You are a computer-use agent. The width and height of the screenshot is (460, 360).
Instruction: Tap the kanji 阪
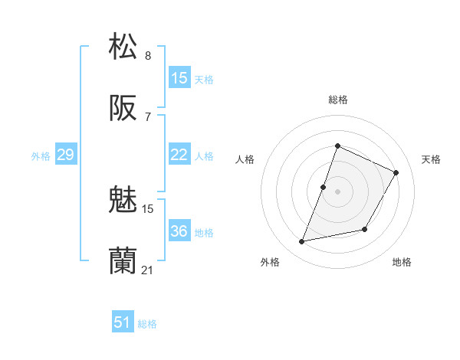(123, 108)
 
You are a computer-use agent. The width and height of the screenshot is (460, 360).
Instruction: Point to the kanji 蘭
(123, 261)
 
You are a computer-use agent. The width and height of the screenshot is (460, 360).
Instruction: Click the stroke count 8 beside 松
(148, 55)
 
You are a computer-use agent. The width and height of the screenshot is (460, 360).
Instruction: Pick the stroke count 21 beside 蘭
(148, 270)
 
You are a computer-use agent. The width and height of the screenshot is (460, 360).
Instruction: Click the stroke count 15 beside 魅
(148, 208)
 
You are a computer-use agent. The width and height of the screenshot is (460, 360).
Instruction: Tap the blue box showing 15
(179, 78)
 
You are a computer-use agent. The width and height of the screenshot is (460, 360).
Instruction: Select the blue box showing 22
(179, 155)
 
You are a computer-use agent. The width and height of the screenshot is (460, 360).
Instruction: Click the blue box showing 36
(179, 231)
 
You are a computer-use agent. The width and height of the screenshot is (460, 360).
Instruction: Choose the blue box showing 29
(65, 155)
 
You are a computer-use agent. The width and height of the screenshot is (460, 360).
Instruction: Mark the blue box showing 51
(123, 322)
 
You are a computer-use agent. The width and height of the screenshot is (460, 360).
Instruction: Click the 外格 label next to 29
(41, 156)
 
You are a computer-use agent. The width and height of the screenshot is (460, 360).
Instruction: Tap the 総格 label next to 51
(147, 324)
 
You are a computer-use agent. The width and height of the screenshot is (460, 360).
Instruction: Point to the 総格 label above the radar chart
(337, 100)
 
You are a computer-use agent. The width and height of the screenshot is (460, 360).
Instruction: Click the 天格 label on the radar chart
(431, 159)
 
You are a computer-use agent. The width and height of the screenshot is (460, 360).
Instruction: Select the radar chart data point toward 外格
(302, 242)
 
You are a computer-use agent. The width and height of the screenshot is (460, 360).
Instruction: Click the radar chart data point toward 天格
(396, 172)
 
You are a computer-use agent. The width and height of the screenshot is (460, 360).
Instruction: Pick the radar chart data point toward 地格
(365, 230)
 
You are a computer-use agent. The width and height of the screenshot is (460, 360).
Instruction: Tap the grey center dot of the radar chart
(337, 191)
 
